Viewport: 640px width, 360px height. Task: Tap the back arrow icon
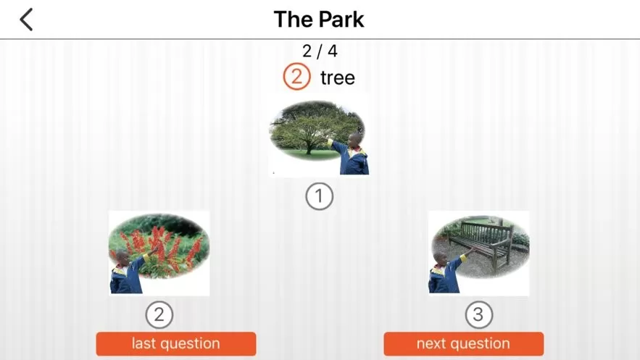tap(26, 20)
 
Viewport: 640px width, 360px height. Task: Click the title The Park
tap(319, 19)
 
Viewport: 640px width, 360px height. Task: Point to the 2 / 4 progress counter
tap(320, 51)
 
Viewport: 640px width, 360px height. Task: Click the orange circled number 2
tap(296, 76)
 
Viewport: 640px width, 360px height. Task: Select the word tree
tap(338, 78)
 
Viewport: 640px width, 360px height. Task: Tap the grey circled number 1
tap(319, 196)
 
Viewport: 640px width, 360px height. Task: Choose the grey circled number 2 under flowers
tap(159, 314)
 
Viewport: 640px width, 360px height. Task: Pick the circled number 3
tap(479, 314)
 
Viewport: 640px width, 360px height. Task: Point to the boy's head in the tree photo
tap(354, 139)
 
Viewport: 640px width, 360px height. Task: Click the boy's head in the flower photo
tap(122, 258)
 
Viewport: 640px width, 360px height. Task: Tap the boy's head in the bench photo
tap(440, 259)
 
